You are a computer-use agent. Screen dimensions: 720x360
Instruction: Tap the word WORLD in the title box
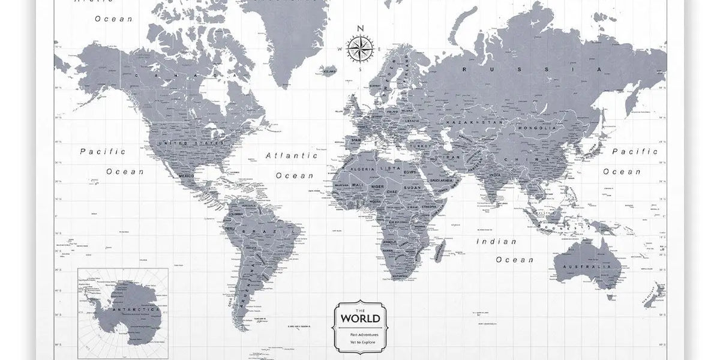click(x=360, y=318)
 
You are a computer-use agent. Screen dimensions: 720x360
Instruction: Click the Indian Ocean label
click(x=506, y=250)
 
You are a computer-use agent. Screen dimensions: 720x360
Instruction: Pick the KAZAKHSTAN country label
click(x=473, y=122)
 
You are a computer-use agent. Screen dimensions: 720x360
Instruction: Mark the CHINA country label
click(x=515, y=159)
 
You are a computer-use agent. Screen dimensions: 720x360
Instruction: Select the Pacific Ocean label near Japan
click(x=635, y=161)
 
